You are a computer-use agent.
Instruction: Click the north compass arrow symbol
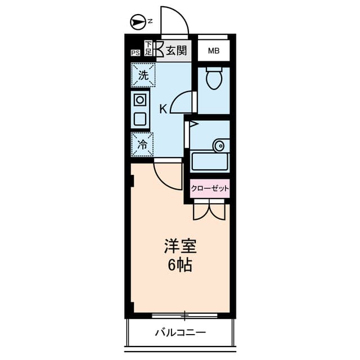[137, 22]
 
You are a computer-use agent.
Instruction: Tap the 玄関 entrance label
[175, 51]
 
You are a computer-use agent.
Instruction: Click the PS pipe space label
[135, 53]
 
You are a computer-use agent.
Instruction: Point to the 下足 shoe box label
[148, 48]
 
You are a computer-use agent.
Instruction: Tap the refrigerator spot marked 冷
[143, 144]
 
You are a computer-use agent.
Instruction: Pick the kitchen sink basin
[139, 119]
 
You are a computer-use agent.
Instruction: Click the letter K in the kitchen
[163, 109]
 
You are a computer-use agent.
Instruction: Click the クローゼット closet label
[210, 188]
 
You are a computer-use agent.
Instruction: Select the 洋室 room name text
[180, 246]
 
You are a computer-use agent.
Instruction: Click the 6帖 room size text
[180, 265]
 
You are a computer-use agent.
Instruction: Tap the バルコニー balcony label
[180, 332]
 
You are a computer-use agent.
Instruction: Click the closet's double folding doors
[208, 210]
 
